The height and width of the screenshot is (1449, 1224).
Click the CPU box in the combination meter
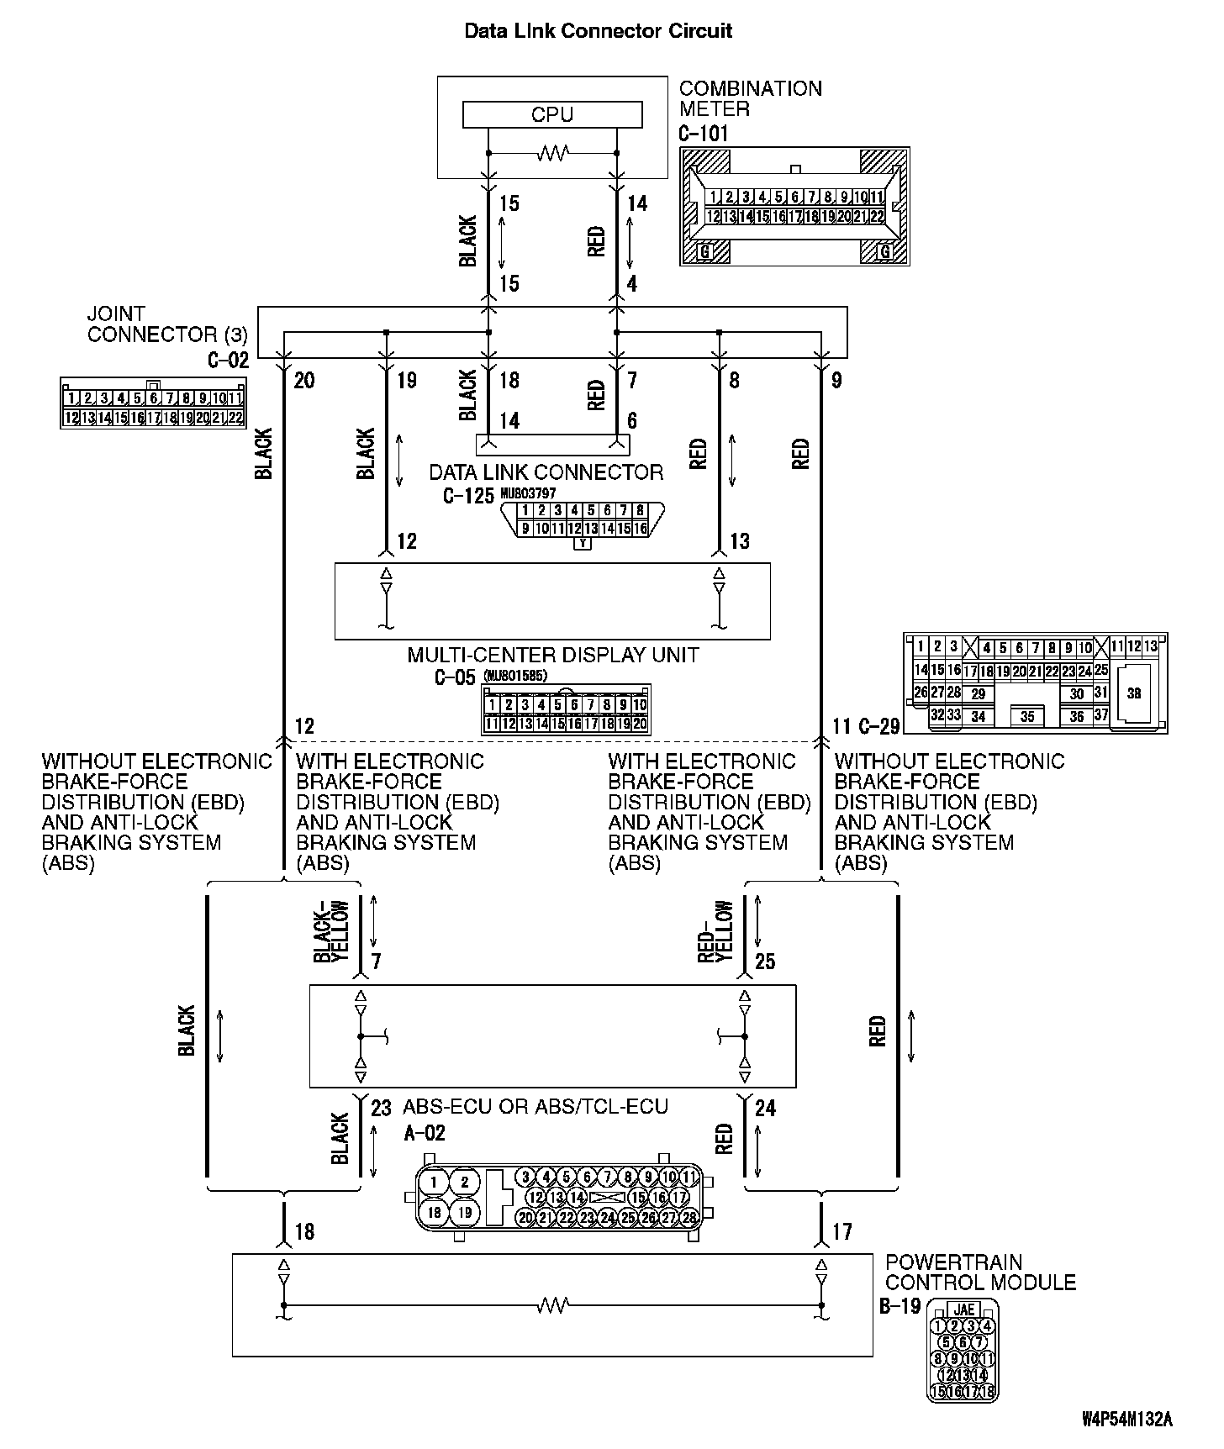[552, 114]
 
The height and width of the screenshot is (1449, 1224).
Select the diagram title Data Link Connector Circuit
[598, 31]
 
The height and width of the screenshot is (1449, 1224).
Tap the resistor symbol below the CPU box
[553, 153]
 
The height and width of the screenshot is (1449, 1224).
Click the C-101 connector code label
[704, 133]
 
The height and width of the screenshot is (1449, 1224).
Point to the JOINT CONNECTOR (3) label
[167, 324]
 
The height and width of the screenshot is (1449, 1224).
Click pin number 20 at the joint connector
[304, 381]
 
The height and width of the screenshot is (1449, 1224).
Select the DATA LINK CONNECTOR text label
[546, 472]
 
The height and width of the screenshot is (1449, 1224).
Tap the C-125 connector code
[468, 495]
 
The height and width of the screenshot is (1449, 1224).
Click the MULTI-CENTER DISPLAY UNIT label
[552, 655]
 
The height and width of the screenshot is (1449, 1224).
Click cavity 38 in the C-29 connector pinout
[1134, 693]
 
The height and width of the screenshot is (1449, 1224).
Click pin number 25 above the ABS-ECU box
[765, 961]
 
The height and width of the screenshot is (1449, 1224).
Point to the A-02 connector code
[425, 1133]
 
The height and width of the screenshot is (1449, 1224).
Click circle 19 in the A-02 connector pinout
[464, 1212]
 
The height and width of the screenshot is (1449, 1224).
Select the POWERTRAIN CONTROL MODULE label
[980, 1272]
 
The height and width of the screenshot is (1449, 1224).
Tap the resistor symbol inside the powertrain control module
[553, 1305]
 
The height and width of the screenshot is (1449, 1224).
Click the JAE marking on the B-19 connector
[964, 1309]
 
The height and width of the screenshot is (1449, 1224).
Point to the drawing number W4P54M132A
[1126, 1420]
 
